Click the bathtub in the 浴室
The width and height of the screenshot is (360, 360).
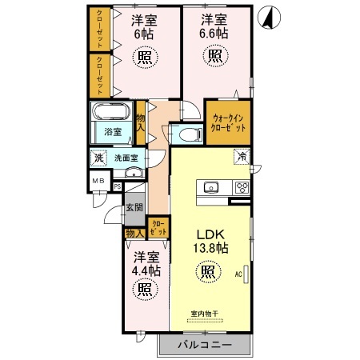[x=112, y=114]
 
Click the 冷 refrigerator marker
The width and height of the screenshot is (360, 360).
[x=241, y=157]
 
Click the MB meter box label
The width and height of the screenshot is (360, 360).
[x=98, y=181]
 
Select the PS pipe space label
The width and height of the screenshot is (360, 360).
[x=118, y=188]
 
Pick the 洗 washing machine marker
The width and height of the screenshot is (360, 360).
[x=98, y=157]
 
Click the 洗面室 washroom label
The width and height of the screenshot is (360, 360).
[x=124, y=158]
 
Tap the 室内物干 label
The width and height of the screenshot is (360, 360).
[x=207, y=313]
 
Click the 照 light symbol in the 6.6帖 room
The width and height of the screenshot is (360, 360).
[x=214, y=55]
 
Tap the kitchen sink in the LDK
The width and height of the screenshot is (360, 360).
[x=211, y=188]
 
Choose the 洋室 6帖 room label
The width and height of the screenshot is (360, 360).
[x=145, y=26]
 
